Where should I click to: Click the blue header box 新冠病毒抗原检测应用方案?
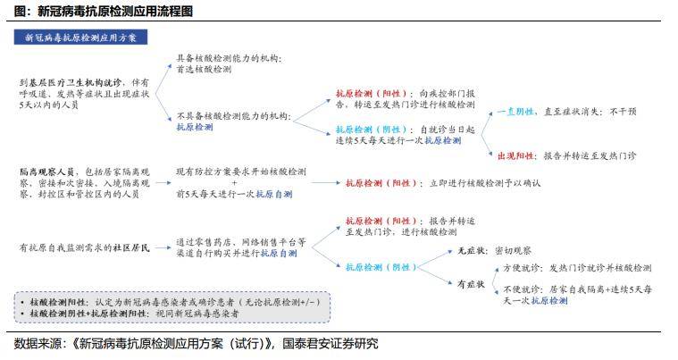tap(80, 38)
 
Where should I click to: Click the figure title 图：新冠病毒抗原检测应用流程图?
tap(104, 11)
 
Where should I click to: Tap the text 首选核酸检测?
tap(204, 69)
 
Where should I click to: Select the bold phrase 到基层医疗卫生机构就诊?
tap(71, 82)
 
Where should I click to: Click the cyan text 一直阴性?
tap(515, 112)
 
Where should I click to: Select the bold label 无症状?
tap(472, 251)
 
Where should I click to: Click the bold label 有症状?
tap(472, 284)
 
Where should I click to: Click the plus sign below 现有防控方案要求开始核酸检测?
tap(234, 183)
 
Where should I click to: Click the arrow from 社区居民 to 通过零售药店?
tap(163, 247)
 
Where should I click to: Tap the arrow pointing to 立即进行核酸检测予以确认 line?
tap(326, 183)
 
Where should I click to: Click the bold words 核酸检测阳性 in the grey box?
tap(58, 302)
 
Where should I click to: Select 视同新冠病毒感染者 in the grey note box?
tap(197, 314)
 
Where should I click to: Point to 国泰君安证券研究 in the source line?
tap(331, 344)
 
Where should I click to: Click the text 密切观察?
tap(513, 251)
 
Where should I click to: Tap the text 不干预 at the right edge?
tap(624, 112)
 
